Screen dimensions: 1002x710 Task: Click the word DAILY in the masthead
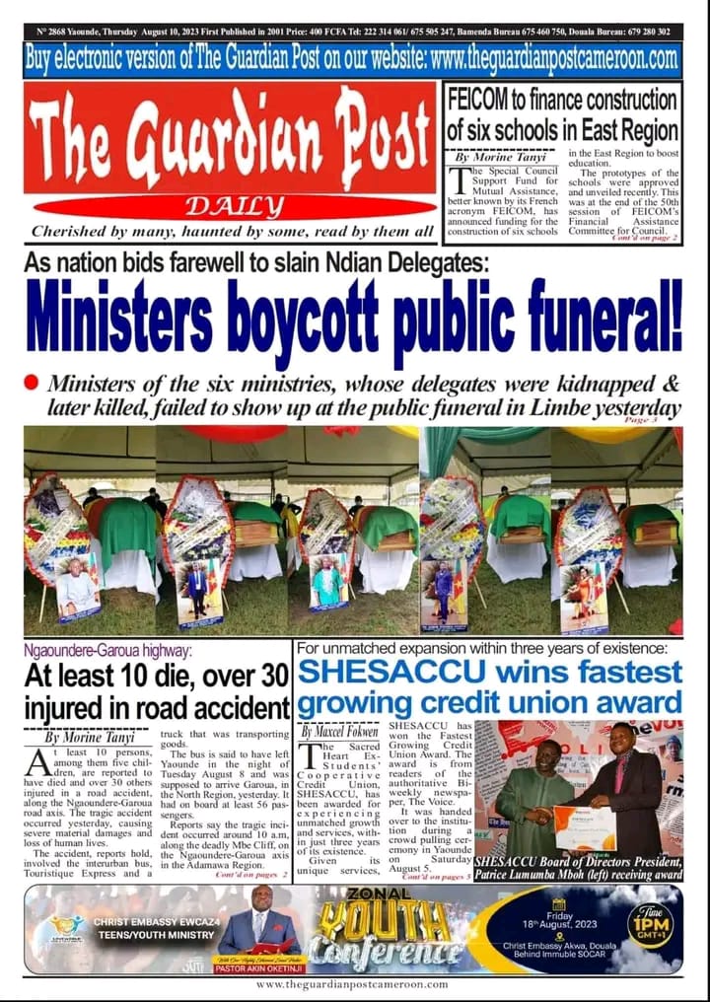click(228, 205)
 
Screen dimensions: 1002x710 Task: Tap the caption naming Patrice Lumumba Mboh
click(578, 867)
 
